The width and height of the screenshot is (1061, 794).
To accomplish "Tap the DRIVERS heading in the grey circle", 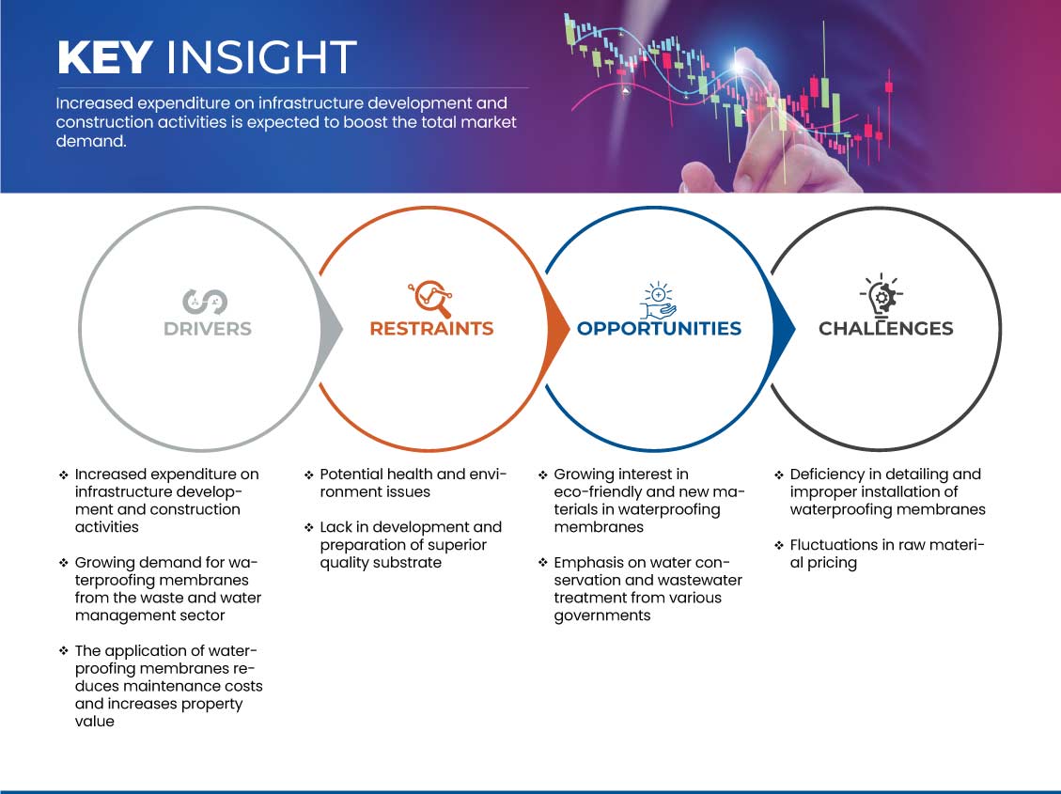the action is coord(208,329).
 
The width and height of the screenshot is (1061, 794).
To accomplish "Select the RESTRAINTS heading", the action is coord(431,329).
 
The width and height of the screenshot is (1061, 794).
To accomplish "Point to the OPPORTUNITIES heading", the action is coord(659,329).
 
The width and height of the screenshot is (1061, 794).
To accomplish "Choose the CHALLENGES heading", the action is coord(886,329).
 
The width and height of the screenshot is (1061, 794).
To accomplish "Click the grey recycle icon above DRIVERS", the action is coord(205,302).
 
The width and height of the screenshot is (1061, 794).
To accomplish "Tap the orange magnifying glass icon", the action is coord(430,298).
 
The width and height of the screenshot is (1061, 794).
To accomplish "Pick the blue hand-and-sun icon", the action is coord(658,301).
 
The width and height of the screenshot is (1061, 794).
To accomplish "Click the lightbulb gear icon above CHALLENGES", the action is coord(882,295).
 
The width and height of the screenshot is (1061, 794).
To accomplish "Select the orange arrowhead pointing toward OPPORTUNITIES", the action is coord(556,329).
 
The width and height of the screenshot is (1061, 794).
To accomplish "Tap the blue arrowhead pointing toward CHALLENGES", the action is coord(783,329).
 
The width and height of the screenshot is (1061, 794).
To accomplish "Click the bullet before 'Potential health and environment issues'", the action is coord(308,475).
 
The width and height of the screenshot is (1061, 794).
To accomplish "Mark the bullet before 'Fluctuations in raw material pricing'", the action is coord(779,545).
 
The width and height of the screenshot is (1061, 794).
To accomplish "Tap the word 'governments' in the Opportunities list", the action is coord(602,616).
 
